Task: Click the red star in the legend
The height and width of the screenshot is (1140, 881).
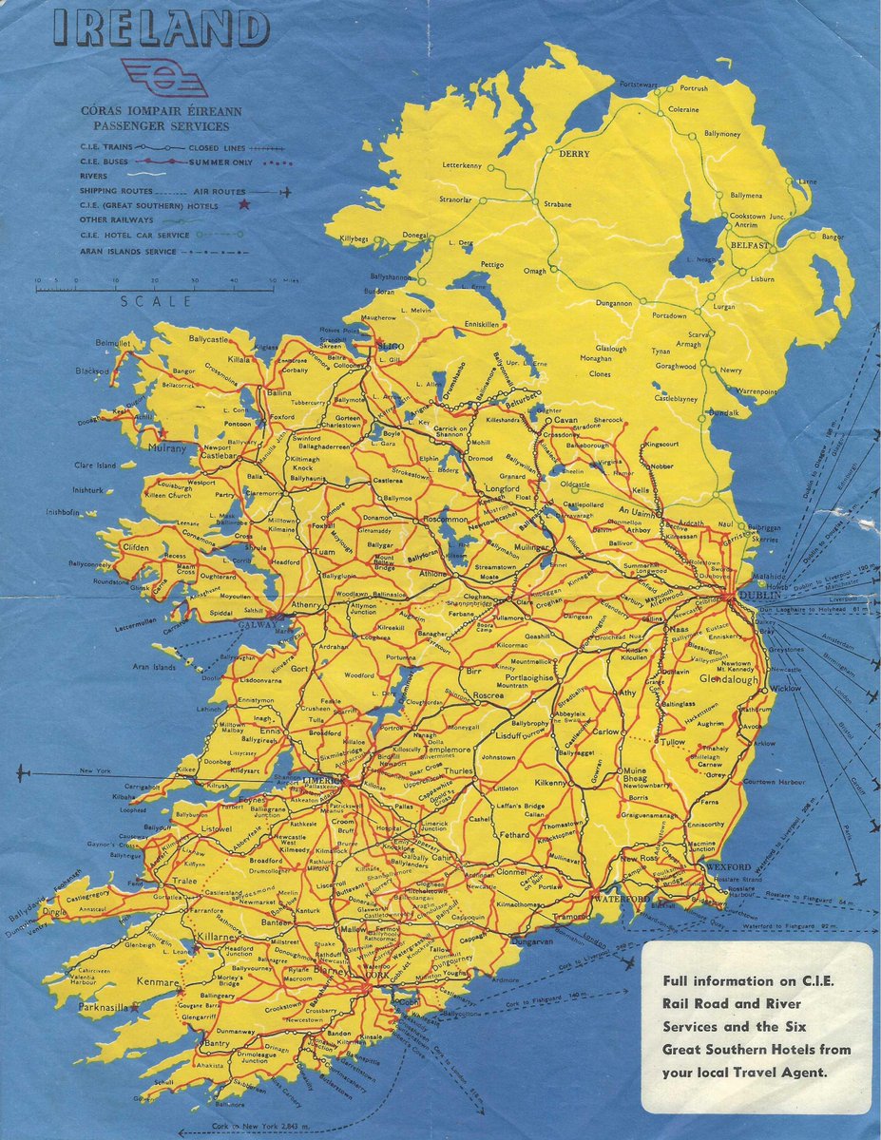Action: pyautogui.click(x=245, y=203)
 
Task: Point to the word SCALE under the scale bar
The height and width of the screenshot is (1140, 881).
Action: pyautogui.click(x=156, y=301)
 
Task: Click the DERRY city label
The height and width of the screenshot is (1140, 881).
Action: pyautogui.click(x=574, y=154)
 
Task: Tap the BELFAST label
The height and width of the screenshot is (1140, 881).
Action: pyautogui.click(x=750, y=244)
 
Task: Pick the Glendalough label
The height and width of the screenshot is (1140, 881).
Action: pyautogui.click(x=728, y=680)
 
